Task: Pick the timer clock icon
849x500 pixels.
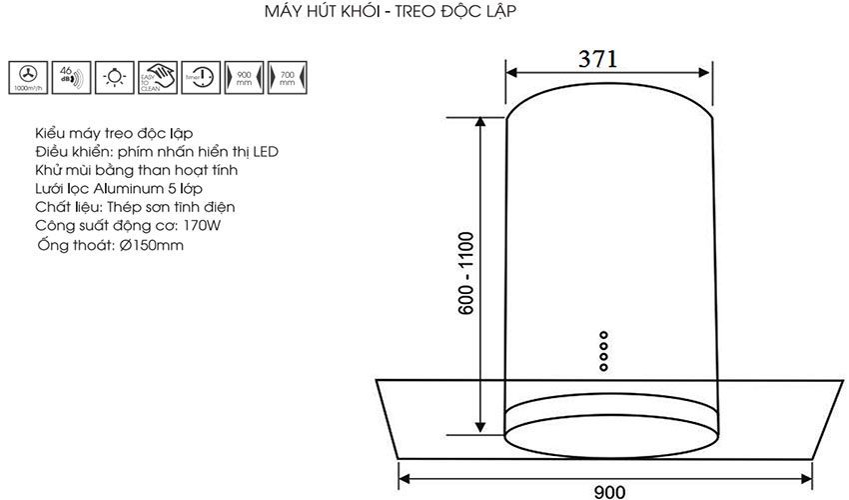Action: click(202, 76)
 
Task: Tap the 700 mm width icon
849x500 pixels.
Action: click(288, 76)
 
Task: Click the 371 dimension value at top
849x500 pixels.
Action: click(598, 58)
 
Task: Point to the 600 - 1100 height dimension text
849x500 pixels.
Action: click(464, 274)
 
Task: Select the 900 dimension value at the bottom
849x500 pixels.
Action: click(609, 490)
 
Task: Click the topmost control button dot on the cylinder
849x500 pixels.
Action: click(603, 335)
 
